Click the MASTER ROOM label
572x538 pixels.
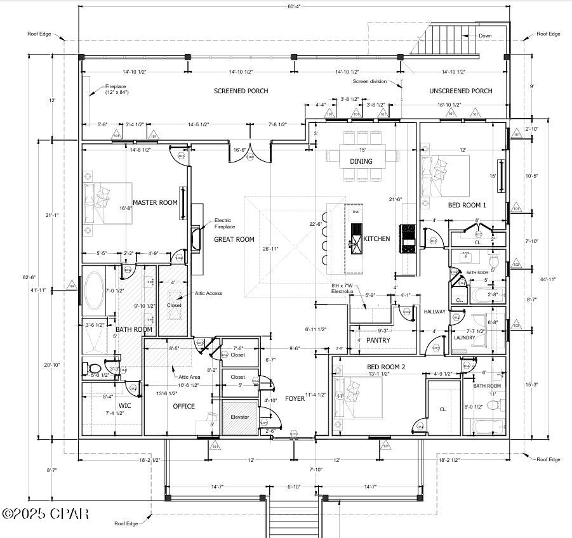pyautogui.click(x=155, y=202)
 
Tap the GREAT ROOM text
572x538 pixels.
pyautogui.click(x=234, y=239)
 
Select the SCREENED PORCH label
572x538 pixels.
pyautogui.click(x=241, y=91)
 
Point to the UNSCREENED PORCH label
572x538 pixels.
pyautogui.click(x=460, y=91)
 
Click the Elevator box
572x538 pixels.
pyautogui.click(x=240, y=417)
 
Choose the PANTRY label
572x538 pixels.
pyautogui.click(x=378, y=341)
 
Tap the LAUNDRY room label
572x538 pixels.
pyautogui.click(x=464, y=338)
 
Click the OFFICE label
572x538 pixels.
pyautogui.click(x=184, y=406)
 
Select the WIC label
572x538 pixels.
pyautogui.click(x=125, y=405)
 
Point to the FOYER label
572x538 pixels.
pyautogui.click(x=294, y=398)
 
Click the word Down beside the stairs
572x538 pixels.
pyautogui.click(x=485, y=36)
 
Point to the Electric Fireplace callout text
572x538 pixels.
pyautogui.click(x=227, y=223)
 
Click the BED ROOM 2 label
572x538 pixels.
pyautogui.click(x=386, y=367)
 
